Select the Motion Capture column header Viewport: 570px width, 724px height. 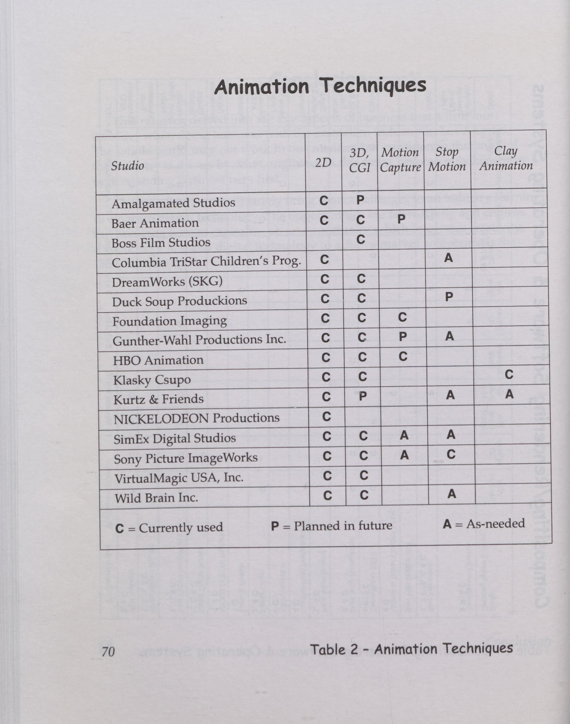coord(400,159)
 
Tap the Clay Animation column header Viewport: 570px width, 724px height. coord(506,158)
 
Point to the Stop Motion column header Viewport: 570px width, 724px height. coord(447,159)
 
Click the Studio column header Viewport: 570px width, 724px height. coord(127,166)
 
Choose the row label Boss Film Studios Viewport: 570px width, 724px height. coord(161,242)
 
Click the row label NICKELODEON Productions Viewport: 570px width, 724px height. coord(196,418)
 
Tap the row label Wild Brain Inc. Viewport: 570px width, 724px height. coord(156,498)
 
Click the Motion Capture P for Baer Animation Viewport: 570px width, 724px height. coord(401,219)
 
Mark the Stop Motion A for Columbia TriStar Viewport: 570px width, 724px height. coord(448,258)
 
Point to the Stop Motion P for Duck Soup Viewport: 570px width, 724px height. coord(449,296)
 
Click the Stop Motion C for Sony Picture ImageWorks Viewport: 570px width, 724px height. coord(451,454)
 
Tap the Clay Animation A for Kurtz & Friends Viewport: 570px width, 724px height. coord(509,394)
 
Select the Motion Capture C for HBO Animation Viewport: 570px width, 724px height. coord(403,357)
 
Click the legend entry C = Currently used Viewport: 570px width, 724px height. coord(169,528)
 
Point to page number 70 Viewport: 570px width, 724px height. coord(108,651)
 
